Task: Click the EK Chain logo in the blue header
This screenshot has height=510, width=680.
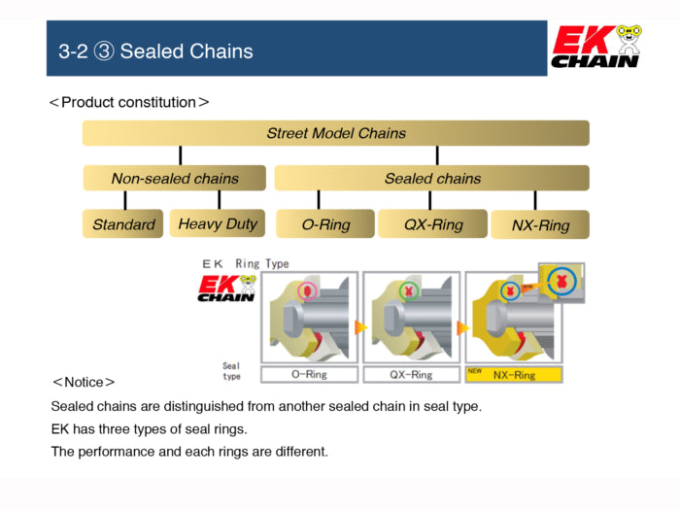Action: [595, 47]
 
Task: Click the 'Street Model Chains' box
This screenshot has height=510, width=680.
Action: [335, 133]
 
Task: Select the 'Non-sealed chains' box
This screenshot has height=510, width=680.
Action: [174, 178]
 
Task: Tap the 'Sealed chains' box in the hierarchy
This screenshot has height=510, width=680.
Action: [431, 178]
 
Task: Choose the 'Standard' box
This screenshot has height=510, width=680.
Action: [123, 224]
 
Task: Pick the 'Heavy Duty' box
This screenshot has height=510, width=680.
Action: [218, 223]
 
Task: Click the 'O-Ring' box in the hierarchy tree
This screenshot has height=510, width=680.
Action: [325, 224]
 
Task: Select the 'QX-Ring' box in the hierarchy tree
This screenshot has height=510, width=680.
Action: [432, 224]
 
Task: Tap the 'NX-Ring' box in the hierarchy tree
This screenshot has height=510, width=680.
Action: [540, 225]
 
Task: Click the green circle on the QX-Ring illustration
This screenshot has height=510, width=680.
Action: [408, 289]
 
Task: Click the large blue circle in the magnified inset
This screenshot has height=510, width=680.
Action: [561, 281]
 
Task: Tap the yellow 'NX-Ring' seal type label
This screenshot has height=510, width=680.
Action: [514, 374]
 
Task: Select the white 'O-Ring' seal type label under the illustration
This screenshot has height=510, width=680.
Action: [309, 374]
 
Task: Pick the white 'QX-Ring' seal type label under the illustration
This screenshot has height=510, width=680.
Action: [411, 374]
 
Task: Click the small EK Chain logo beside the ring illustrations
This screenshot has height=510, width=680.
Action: [226, 289]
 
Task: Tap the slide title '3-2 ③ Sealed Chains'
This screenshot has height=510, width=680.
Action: [155, 51]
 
